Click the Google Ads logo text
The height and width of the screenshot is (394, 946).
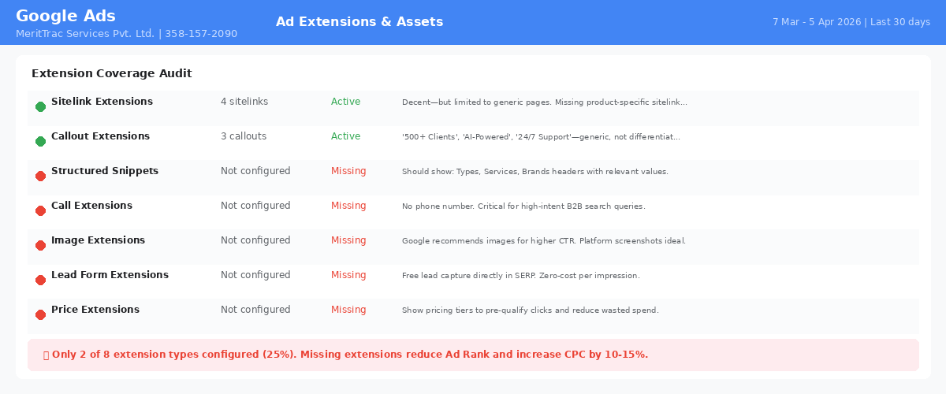pyautogui.click(x=65, y=16)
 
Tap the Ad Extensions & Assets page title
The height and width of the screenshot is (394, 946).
pyautogui.click(x=359, y=21)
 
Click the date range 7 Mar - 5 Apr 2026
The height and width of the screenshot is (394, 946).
pyautogui.click(x=817, y=22)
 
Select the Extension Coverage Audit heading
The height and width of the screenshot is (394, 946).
pyautogui.click(x=111, y=73)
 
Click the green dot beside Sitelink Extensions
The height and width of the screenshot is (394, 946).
pyautogui.click(x=40, y=107)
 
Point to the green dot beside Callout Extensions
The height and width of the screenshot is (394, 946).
pyautogui.click(x=40, y=142)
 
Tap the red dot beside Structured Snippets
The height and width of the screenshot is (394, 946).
pyautogui.click(x=40, y=176)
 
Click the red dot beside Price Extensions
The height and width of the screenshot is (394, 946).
pyautogui.click(x=40, y=314)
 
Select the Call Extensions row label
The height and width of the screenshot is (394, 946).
pyautogui.click(x=91, y=205)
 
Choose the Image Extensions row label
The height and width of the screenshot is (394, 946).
pyautogui.click(x=98, y=240)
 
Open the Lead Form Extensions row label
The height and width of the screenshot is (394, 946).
pyautogui.click(x=110, y=274)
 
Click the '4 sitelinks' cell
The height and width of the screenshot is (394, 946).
pyautogui.click(x=244, y=102)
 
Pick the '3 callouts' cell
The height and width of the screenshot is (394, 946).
pyautogui.click(x=244, y=136)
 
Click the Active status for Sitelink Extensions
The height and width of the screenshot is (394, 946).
pyautogui.click(x=345, y=102)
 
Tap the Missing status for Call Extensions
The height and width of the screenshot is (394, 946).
pyautogui.click(x=348, y=206)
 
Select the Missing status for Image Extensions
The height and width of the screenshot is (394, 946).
pyautogui.click(x=348, y=240)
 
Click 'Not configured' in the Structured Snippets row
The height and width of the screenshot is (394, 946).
pyautogui.click(x=255, y=171)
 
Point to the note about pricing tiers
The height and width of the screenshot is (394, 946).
pyautogui.click(x=530, y=310)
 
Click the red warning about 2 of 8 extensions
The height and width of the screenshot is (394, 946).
pyautogui.click(x=350, y=355)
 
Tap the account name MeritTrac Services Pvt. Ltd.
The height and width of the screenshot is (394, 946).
pyautogui.click(x=85, y=34)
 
